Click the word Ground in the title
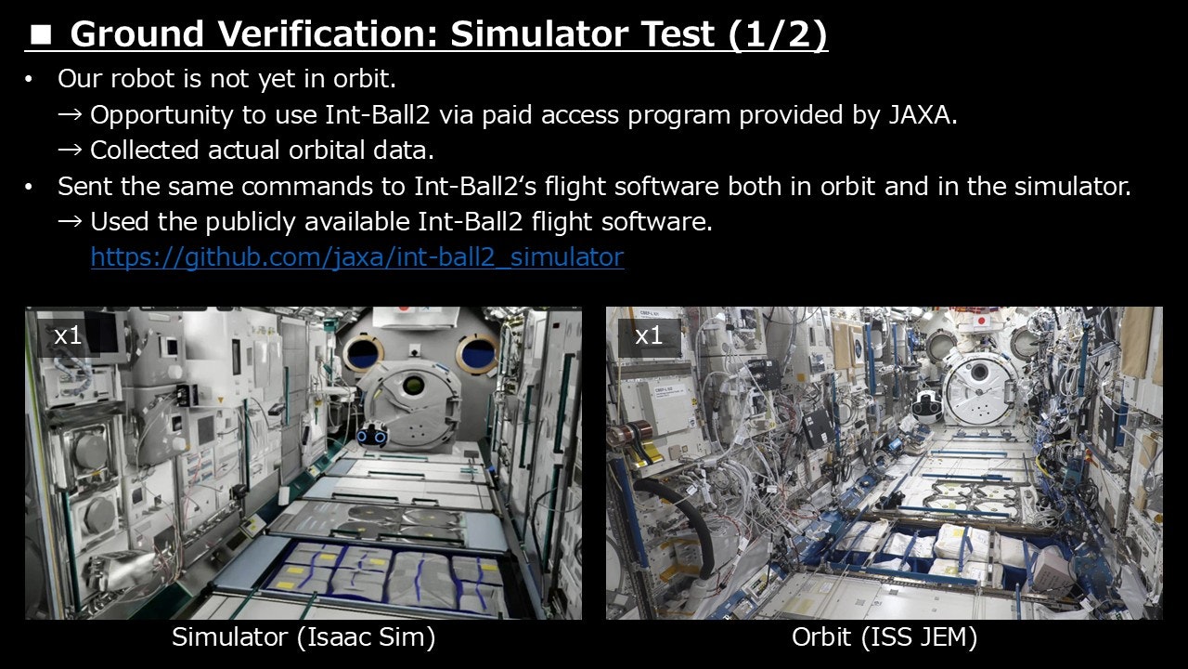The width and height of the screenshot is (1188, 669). (136, 34)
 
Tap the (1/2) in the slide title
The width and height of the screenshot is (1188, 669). (778, 34)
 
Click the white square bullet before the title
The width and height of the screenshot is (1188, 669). (41, 35)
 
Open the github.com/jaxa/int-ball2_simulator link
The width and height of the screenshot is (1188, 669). (357, 257)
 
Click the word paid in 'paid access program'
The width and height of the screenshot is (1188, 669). (507, 115)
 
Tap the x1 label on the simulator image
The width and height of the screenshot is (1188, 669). (68, 335)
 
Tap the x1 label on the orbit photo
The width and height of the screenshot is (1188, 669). (649, 335)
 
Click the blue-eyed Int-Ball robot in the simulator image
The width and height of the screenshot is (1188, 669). (372, 433)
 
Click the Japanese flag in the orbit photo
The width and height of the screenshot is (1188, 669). (980, 321)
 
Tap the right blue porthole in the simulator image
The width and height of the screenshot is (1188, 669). (477, 352)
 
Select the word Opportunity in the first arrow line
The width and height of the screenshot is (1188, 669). (161, 115)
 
